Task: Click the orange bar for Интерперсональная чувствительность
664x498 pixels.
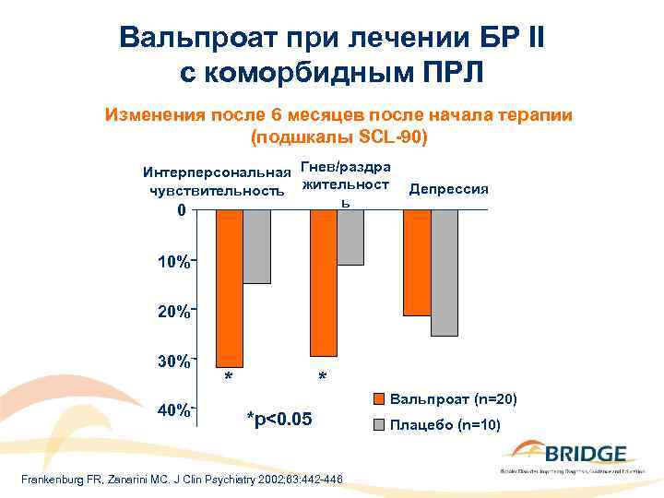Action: pyautogui.click(x=229, y=288)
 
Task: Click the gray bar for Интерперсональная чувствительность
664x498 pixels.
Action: pyautogui.click(x=256, y=246)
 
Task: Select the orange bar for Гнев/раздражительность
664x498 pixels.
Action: pyautogui.click(x=323, y=282)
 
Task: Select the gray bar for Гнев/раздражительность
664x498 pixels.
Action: pyautogui.click(x=350, y=237)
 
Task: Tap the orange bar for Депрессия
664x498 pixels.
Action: pyautogui.click(x=417, y=263)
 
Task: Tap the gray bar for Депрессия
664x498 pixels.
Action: pyautogui.click(x=445, y=272)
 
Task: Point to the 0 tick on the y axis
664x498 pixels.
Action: pyautogui.click(x=181, y=210)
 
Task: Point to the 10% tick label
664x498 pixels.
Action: pyautogui.click(x=173, y=263)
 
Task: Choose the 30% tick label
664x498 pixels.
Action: pyautogui.click(x=173, y=360)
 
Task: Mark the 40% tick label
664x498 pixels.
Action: pyautogui.click(x=173, y=409)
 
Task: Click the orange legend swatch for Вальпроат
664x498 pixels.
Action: pyautogui.click(x=378, y=399)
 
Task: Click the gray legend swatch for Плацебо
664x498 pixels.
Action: pyautogui.click(x=378, y=425)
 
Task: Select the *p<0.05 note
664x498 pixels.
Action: pyautogui.click(x=281, y=420)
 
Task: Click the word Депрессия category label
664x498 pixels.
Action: pyautogui.click(x=448, y=189)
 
